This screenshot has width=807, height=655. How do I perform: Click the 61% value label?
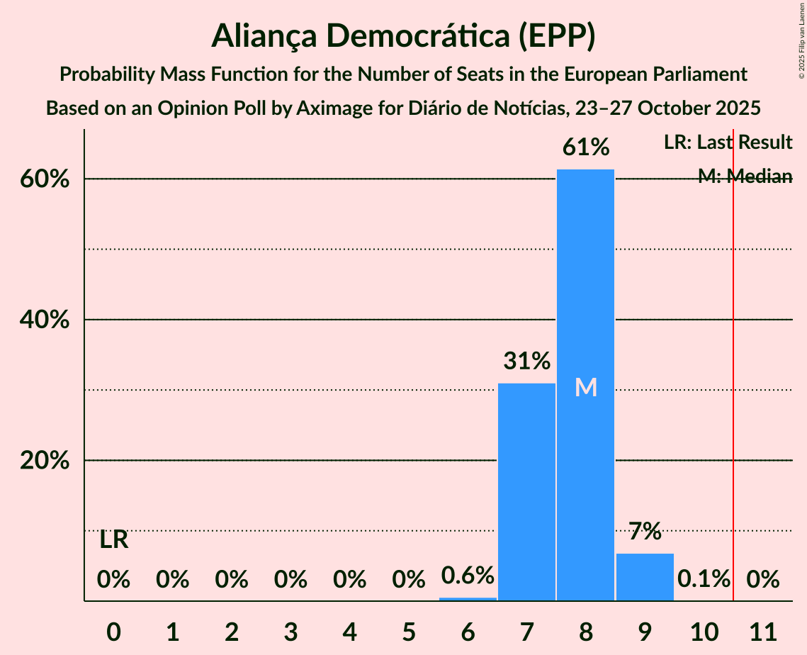pos(585,148)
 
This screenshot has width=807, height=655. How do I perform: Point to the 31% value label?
pos(526,362)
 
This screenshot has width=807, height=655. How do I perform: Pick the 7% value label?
pos(645,531)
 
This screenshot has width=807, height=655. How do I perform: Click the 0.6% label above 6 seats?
pos(468,575)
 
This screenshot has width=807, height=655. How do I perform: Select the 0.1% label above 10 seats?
pos(704,579)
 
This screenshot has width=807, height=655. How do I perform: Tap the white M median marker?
pos(585,387)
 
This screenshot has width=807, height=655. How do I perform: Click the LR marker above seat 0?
pos(113,540)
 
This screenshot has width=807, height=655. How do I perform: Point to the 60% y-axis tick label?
pos(45,179)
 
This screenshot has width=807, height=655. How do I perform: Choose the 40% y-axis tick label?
pos(45,320)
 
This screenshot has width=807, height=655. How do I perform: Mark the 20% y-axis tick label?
pos(45,460)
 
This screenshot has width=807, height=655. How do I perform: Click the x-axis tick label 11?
pos(763,630)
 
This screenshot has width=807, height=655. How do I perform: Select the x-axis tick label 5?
pos(409,630)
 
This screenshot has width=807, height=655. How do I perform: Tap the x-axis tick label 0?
pos(113,630)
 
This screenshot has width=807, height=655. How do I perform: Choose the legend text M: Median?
pos(745,177)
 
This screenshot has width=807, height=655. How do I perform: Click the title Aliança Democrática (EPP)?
pos(403,36)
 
